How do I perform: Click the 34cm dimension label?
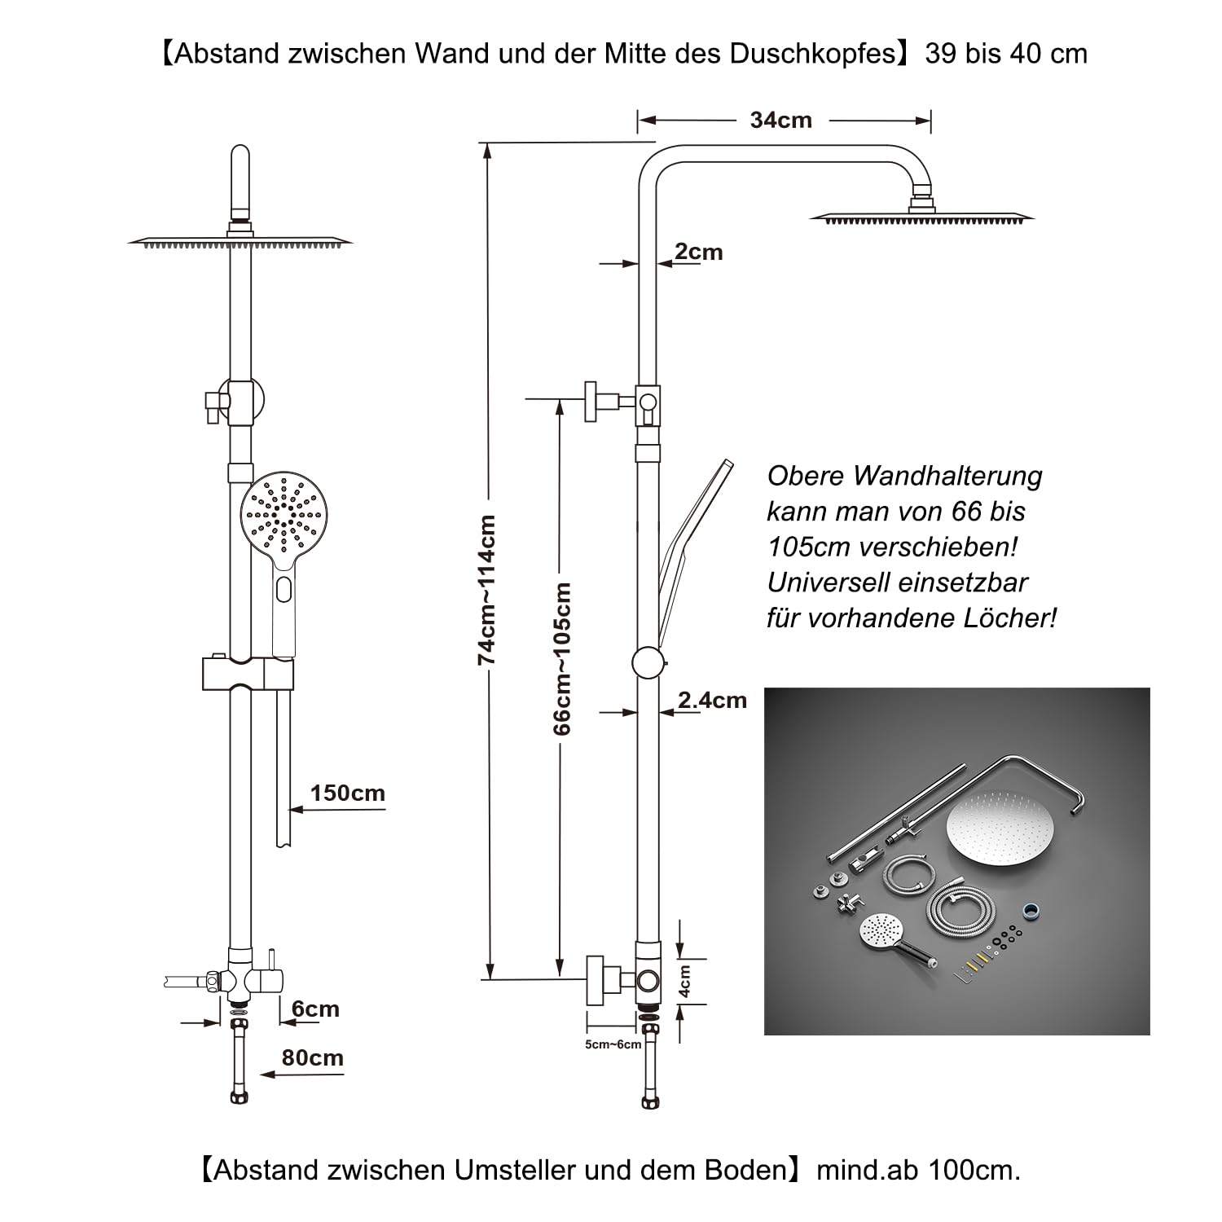(780, 120)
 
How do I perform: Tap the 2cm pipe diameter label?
(699, 252)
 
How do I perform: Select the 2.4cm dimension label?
(712, 700)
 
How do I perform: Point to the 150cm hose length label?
(347, 793)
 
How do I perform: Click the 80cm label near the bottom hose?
(312, 1057)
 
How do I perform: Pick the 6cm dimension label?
(315, 1009)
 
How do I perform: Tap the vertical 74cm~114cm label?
(486, 590)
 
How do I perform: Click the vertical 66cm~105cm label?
(561, 658)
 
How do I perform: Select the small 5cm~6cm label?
(613, 1044)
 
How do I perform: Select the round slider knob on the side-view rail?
(649, 662)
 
